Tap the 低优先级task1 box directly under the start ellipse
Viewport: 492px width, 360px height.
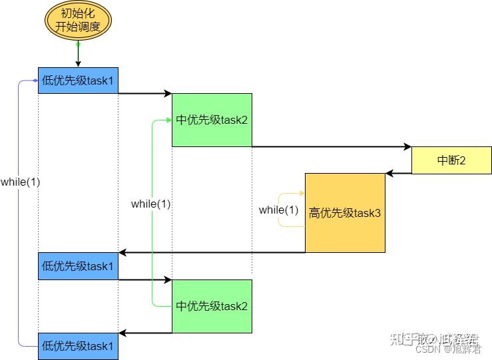click(x=78, y=81)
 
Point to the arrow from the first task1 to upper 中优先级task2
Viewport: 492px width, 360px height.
click(x=145, y=94)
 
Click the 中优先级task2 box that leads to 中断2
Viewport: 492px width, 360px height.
click(x=212, y=120)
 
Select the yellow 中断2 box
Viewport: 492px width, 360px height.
click(x=451, y=160)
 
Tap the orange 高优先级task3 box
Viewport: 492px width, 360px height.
click(x=345, y=213)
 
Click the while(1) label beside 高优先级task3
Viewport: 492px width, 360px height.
click(x=279, y=210)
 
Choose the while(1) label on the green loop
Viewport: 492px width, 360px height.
click(x=151, y=204)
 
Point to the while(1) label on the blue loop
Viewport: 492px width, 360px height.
click(x=20, y=182)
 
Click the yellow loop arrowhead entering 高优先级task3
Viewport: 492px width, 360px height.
click(x=301, y=194)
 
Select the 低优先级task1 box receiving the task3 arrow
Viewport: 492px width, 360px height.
click(x=78, y=266)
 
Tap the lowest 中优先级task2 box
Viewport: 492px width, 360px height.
click(x=212, y=306)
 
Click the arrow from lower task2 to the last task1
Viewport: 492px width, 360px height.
click(x=145, y=333)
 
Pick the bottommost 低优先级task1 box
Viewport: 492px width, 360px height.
click(x=78, y=346)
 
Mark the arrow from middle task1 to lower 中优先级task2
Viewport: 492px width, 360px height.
click(x=145, y=280)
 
